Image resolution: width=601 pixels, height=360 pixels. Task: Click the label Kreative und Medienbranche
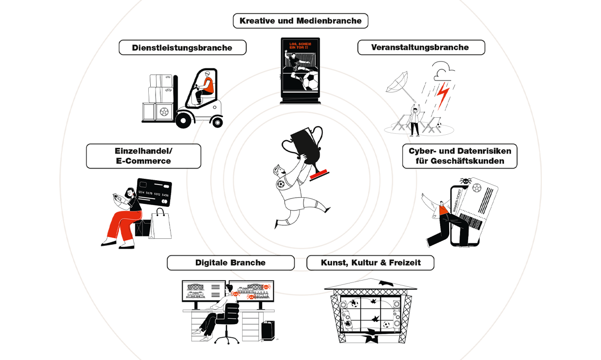[x=300, y=21]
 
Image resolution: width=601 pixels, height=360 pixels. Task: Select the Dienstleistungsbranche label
[x=182, y=47]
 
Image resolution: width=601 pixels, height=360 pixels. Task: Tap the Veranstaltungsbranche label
[x=420, y=47]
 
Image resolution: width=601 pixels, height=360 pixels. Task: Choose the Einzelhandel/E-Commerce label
[x=143, y=156]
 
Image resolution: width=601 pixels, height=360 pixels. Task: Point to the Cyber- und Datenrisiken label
[x=460, y=156]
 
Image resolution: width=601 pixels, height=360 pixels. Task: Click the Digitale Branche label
[x=230, y=263]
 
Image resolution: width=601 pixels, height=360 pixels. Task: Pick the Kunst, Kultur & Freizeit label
[x=370, y=263]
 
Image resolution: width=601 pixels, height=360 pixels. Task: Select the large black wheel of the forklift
[x=185, y=119]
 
